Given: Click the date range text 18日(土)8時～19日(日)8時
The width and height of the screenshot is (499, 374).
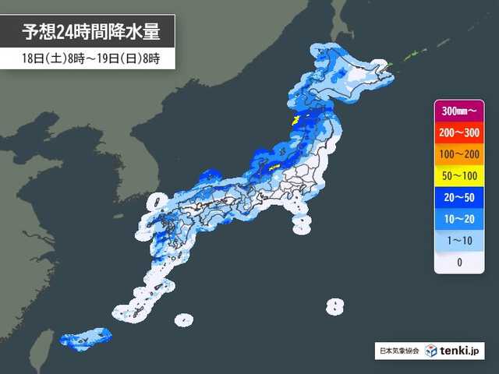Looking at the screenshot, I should [87, 58].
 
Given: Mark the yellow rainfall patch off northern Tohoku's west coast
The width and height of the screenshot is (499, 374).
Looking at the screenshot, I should [296, 120].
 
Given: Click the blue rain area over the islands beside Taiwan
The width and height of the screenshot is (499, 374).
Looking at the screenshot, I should [84, 337].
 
